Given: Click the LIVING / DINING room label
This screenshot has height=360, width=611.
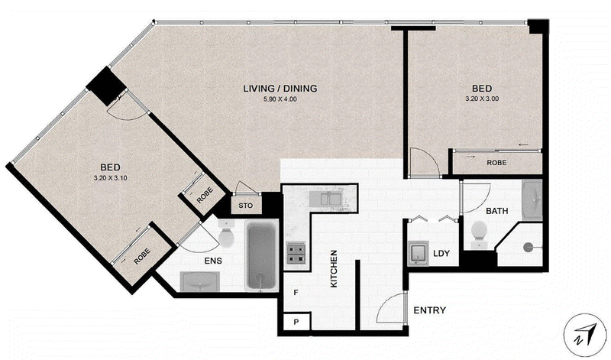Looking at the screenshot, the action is coord(280,89).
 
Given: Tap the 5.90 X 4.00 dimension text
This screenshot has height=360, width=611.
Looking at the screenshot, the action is coord(280,99).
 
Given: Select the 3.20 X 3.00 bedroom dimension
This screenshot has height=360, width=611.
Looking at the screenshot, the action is coord(482,99).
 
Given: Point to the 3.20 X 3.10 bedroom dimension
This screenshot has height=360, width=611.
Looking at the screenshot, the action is coord(110,178).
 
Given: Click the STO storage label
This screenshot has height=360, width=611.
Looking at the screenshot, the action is coord(245,206).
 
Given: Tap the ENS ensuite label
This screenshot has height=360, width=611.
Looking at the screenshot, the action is coord(213,261).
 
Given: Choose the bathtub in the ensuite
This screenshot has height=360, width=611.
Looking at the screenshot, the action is coord(261,256).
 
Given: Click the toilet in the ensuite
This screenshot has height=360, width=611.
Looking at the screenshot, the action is coord(225,233).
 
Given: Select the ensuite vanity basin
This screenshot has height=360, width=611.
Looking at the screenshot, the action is coord(200,281).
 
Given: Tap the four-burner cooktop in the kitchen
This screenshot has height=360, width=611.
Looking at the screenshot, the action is coord(296,254).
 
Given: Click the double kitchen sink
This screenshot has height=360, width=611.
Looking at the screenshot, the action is coord(330,199).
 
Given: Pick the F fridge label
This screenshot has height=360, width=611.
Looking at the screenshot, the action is coord(296,292).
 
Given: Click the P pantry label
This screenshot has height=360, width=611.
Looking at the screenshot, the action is coord(296,323).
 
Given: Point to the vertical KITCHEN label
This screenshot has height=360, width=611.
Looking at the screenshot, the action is coord(334,269).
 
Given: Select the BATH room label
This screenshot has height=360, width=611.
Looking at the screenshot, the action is coord(497,211).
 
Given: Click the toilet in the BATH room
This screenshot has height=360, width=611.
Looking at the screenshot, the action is coord(479,235).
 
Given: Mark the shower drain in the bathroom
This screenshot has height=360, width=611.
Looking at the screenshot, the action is coord(528,247).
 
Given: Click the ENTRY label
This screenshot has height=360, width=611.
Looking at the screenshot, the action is coord(430,310).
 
